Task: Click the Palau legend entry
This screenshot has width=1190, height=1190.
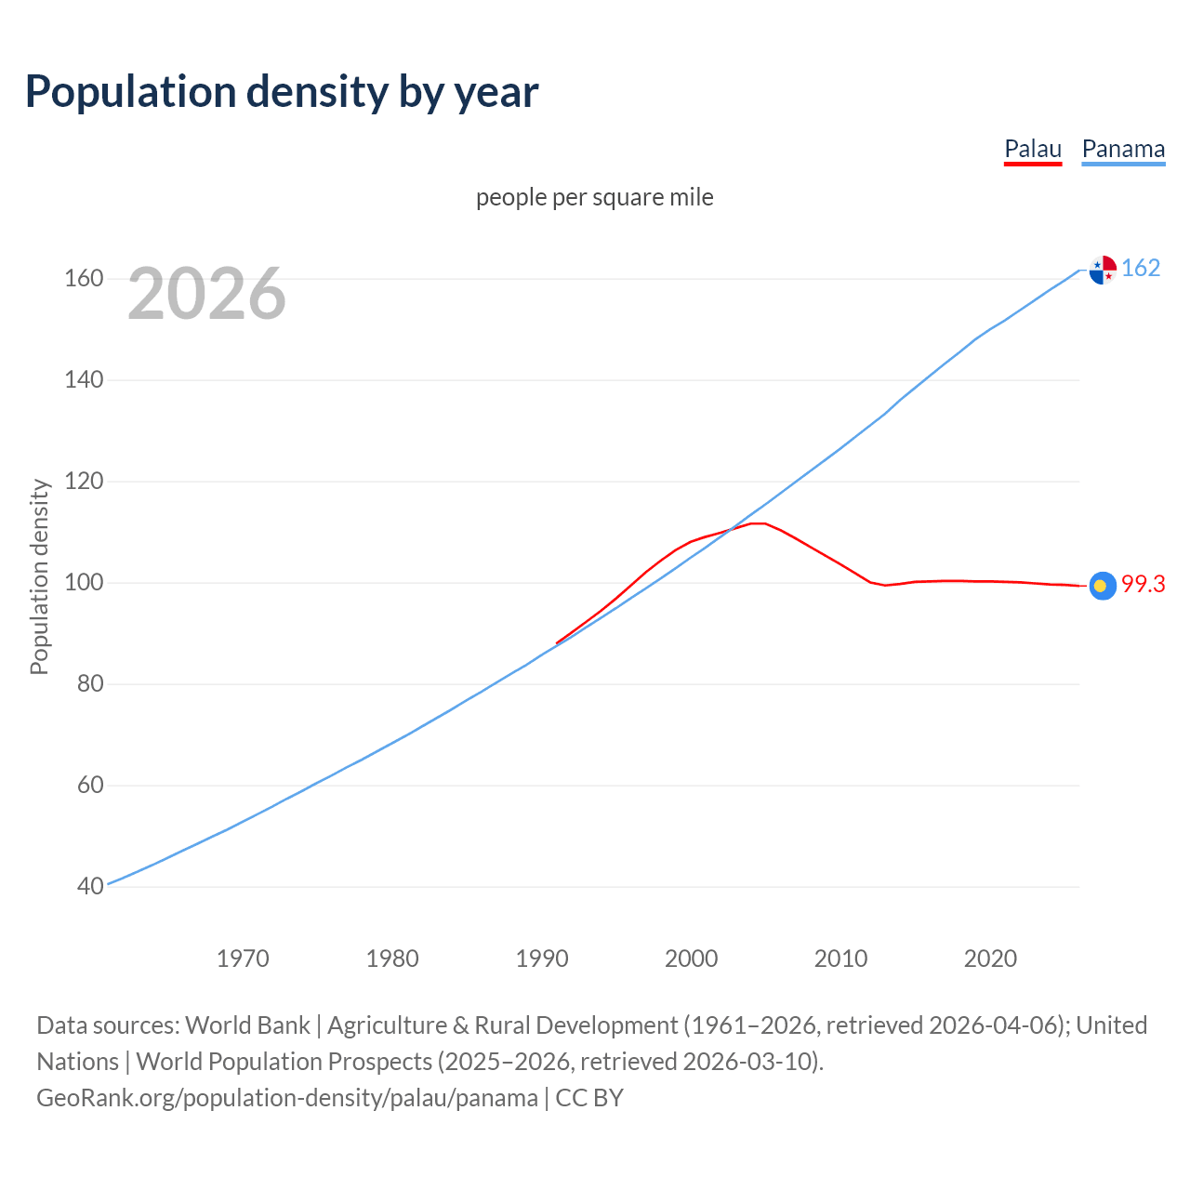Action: (x=1032, y=150)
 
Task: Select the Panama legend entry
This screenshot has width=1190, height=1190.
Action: (x=1123, y=150)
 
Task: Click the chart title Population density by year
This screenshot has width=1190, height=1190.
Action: (x=282, y=92)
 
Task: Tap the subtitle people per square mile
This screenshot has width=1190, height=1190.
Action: (x=594, y=198)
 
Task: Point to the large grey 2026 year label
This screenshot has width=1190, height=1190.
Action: (x=206, y=294)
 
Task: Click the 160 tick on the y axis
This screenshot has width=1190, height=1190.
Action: (x=84, y=279)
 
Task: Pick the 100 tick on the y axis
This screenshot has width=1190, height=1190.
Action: (x=84, y=583)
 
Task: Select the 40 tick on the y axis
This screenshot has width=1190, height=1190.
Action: (x=90, y=887)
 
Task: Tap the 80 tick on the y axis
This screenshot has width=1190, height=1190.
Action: (x=90, y=684)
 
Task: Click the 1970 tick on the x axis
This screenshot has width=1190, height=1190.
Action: (x=243, y=959)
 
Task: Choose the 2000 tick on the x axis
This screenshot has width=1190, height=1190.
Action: (x=691, y=959)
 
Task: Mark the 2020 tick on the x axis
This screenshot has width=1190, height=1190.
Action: (x=990, y=959)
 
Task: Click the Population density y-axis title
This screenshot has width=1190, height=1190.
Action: (x=39, y=576)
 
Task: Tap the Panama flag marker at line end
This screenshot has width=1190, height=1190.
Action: (x=1103, y=270)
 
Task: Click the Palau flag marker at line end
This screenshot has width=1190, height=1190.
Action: (x=1103, y=586)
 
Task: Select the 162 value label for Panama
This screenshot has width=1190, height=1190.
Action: (x=1141, y=269)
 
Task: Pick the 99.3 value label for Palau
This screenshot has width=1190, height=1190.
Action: (x=1143, y=585)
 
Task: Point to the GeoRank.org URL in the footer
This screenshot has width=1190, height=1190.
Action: (x=287, y=1098)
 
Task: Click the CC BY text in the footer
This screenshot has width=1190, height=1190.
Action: (x=589, y=1098)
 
